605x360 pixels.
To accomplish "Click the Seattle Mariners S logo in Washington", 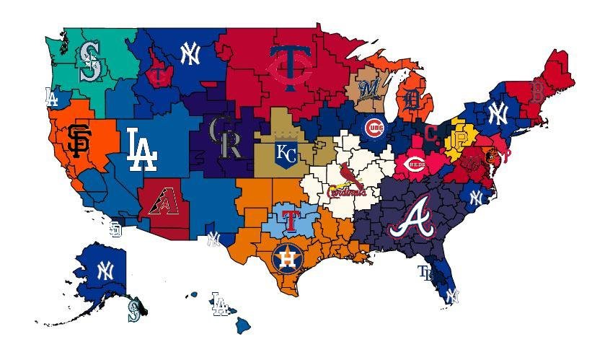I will [x=90, y=60].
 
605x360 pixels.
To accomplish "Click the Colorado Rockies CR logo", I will [x=225, y=137].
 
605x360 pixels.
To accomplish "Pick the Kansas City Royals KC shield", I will [x=286, y=153].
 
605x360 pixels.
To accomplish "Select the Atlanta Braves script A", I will [x=412, y=218].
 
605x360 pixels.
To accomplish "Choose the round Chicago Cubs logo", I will [x=374, y=128].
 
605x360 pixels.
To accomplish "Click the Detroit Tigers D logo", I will [x=412, y=102].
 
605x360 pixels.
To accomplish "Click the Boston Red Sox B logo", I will [x=536, y=92].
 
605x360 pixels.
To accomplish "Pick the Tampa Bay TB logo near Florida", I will [x=426, y=272].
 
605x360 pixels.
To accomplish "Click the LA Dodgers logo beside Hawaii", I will [x=220, y=304].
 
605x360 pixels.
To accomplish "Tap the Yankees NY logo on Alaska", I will [x=105, y=271].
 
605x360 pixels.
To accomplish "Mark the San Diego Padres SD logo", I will [x=115, y=229].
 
